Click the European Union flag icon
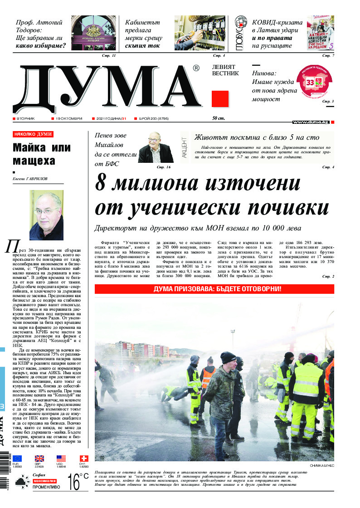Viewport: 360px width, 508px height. pyautogui.click(x=17, y=459)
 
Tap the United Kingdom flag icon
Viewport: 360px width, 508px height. pyautogui.click(x=39, y=459)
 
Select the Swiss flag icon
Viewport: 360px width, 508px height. pyautogui.click(x=83, y=459)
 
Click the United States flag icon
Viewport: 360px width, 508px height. pyautogui.click(x=61, y=459)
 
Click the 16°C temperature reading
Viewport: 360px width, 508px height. pyautogui.click(x=78, y=481)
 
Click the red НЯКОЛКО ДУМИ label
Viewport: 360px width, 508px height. pyautogui.click(x=33, y=134)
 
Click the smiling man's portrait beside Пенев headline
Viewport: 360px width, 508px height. pyautogui.click(x=156, y=147)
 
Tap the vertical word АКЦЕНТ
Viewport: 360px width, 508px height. pyautogui.click(x=185, y=147)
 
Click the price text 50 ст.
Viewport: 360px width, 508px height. pyautogui.click(x=219, y=118)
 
